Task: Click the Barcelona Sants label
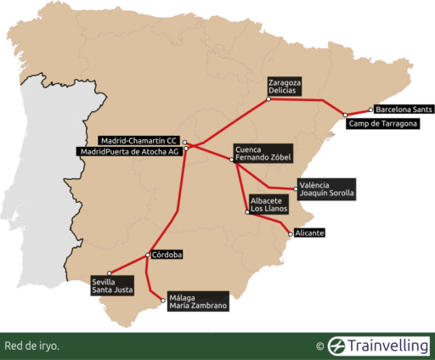pyautogui.click(x=404, y=110)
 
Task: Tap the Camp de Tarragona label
pyautogui.click(x=383, y=124)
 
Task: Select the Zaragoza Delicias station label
pyautogui.click(x=282, y=86)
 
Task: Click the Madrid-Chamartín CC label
pyautogui.click(x=138, y=140)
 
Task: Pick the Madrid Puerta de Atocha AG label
pyautogui.click(x=128, y=151)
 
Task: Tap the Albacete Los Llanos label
pyautogui.click(x=268, y=205)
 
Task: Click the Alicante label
pyautogui.click(x=311, y=233)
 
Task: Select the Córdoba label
pyautogui.click(x=169, y=254)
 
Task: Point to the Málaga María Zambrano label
pyautogui.click(x=198, y=301)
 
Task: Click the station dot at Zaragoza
pyautogui.click(x=268, y=99)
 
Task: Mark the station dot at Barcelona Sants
pyautogui.click(x=371, y=110)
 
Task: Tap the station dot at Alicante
pyautogui.click(x=291, y=233)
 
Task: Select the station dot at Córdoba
pyautogui.click(x=150, y=254)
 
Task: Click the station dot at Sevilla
pyautogui.click(x=110, y=273)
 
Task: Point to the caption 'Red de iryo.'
pyautogui.click(x=31, y=346)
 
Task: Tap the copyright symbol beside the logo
pyautogui.click(x=319, y=346)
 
